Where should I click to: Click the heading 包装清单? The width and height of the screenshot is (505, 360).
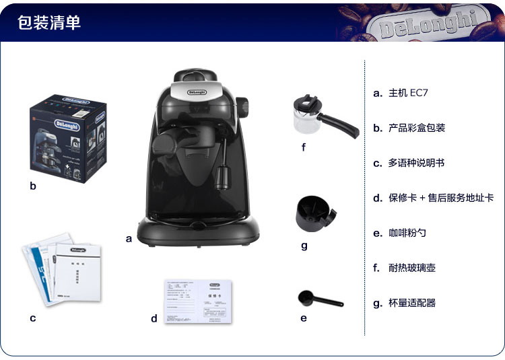pos(49,22)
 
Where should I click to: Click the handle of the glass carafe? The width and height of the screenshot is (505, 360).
pos(343,124)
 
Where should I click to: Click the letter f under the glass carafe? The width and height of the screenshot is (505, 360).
pos(304,147)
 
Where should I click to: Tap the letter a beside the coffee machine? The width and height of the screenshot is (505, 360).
pos(128,238)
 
